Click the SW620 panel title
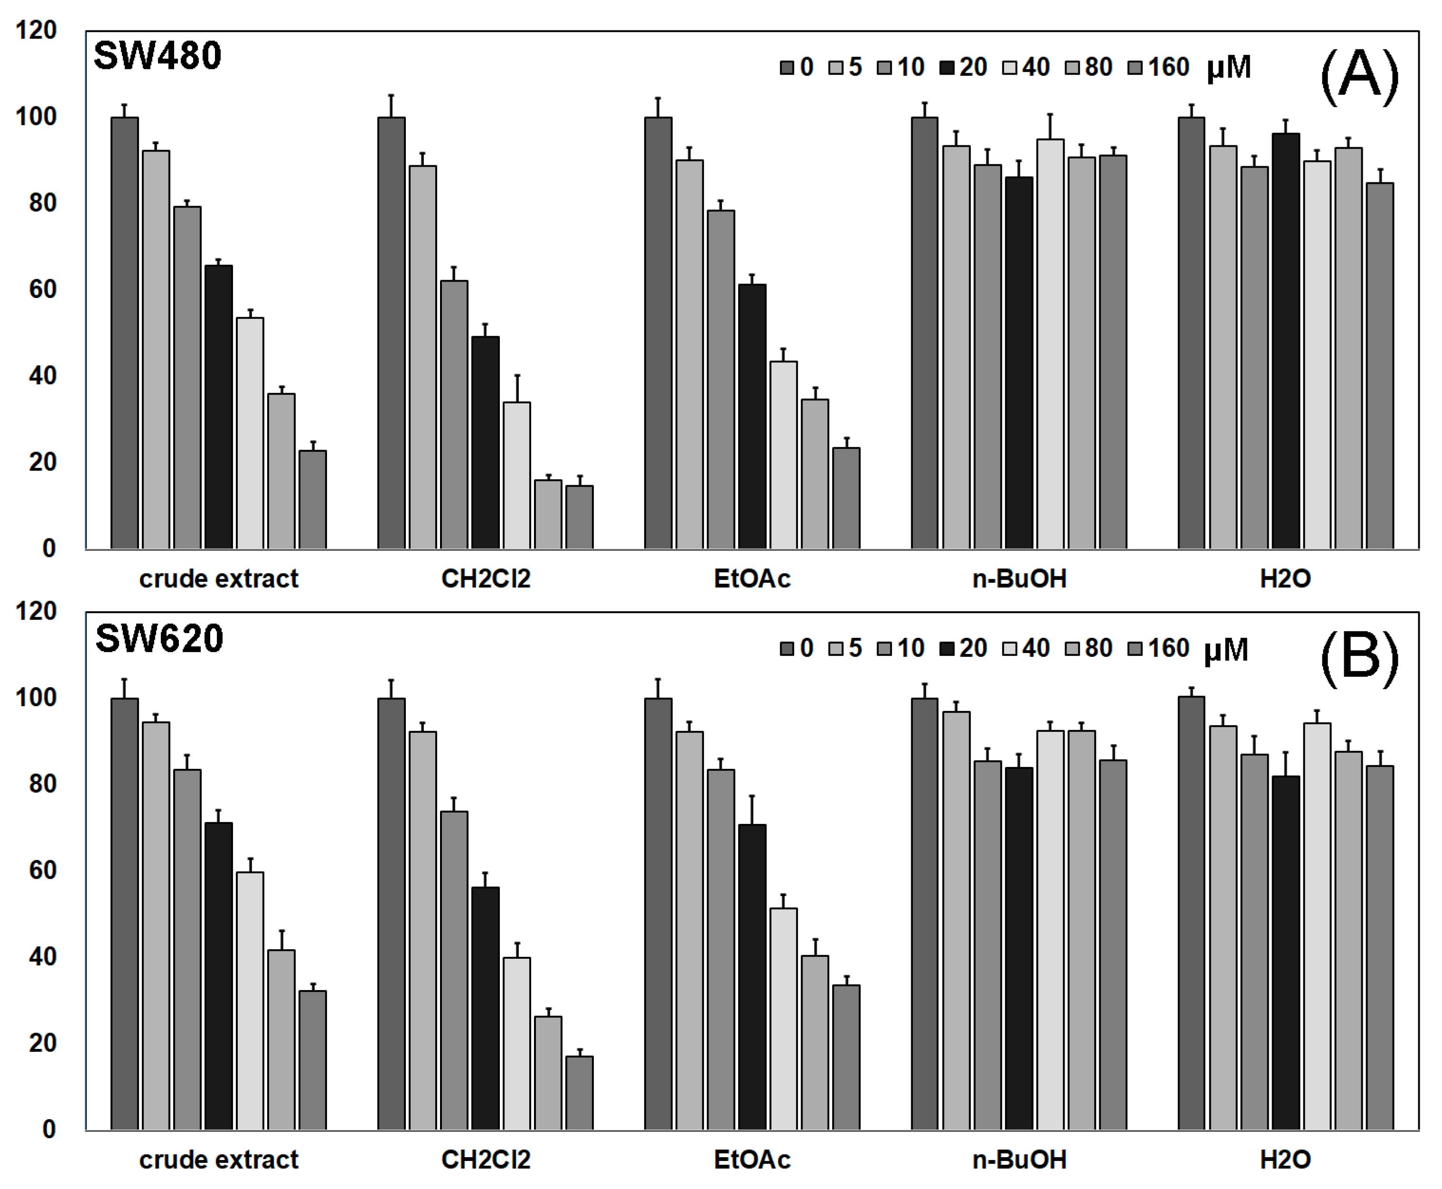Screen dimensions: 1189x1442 point(159,638)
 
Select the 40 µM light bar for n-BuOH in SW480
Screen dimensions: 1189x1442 point(1050,342)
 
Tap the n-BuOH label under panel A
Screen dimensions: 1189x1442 point(1020,579)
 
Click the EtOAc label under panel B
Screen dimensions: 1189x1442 point(752,1160)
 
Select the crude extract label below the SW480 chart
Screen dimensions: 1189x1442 point(218,579)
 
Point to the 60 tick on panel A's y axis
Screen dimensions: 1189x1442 point(42,290)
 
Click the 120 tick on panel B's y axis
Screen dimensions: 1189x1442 point(36,611)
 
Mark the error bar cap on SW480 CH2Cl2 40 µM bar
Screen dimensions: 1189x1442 point(517,375)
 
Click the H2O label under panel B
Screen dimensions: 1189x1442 point(1285,1160)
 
